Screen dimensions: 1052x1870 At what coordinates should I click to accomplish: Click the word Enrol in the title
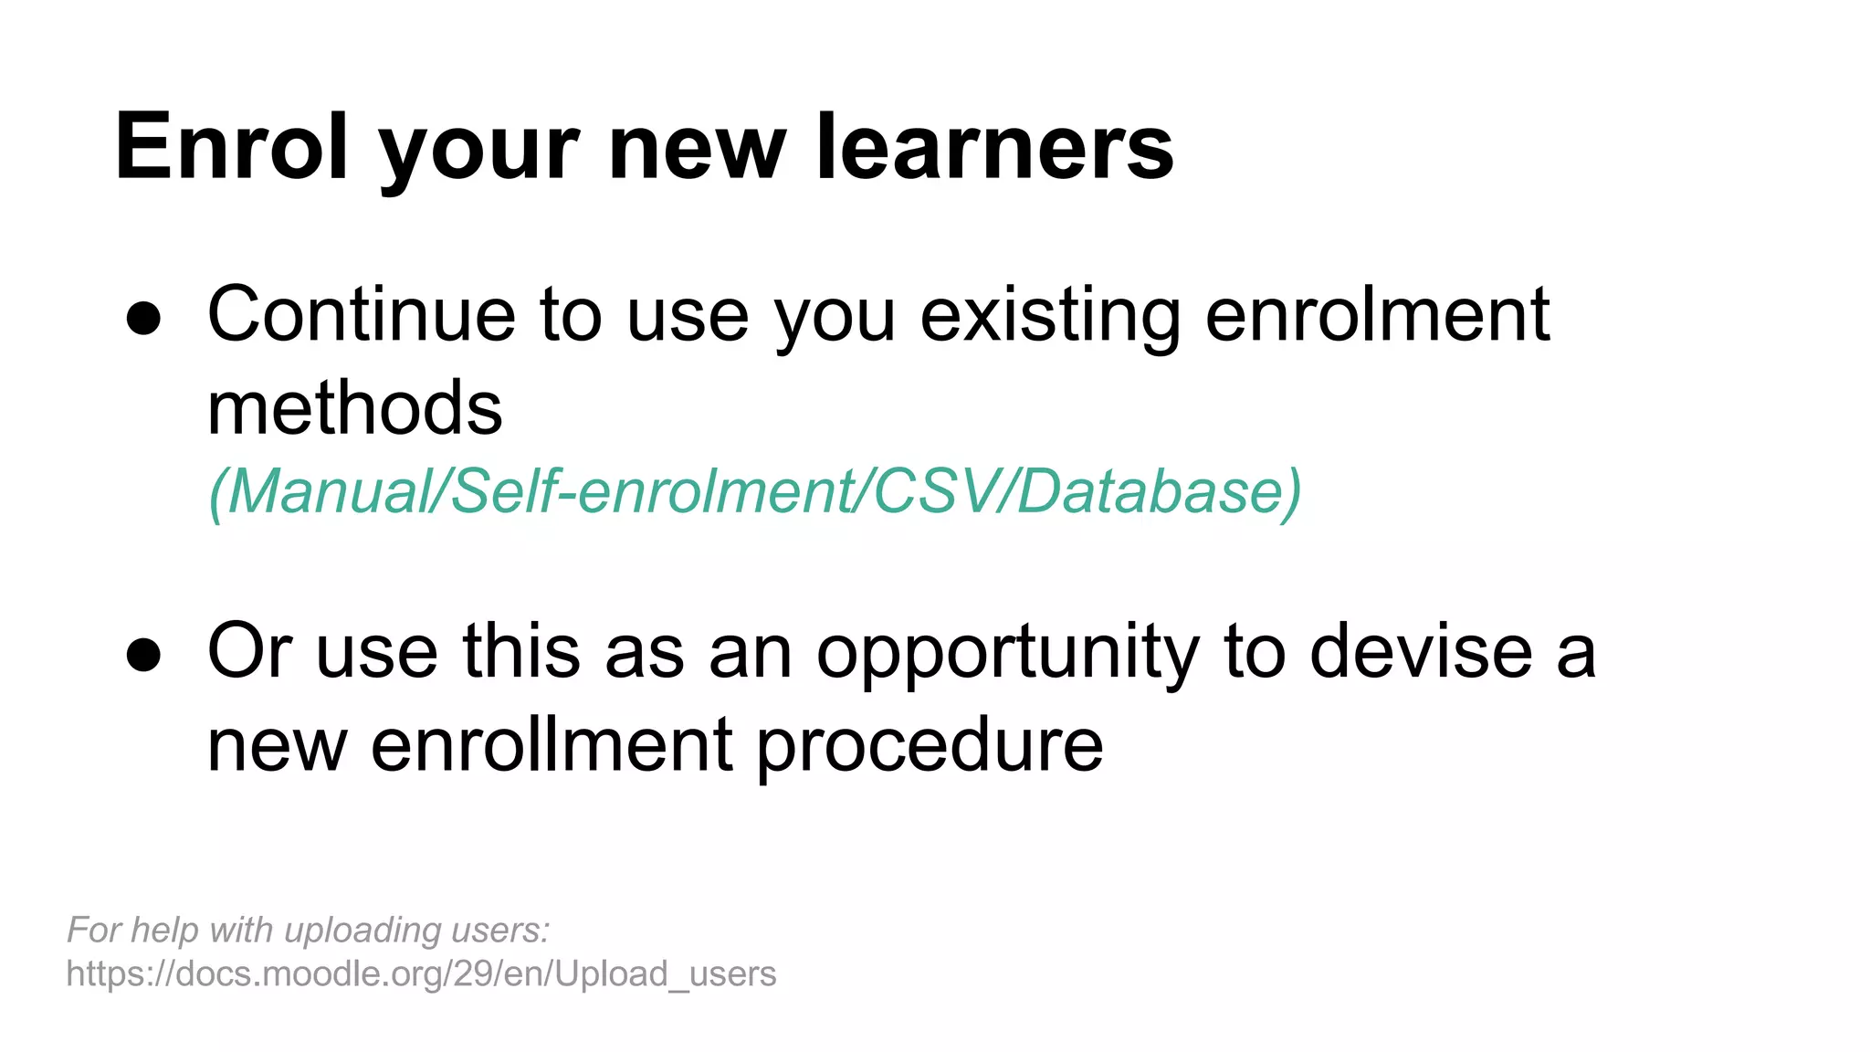[x=231, y=147]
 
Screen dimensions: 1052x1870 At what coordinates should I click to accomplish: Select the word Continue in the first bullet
[x=362, y=315]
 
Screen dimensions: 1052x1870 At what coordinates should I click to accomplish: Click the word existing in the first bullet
[x=1049, y=315]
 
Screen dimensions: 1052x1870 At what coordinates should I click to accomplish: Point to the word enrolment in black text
[x=1377, y=315]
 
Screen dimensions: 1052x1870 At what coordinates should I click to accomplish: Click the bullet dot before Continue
[x=144, y=319]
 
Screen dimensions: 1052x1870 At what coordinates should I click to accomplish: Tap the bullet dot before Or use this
[x=144, y=655]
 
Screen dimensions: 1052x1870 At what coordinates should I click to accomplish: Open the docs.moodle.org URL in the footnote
[x=421, y=974]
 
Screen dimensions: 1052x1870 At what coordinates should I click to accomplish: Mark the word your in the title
[x=478, y=147]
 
